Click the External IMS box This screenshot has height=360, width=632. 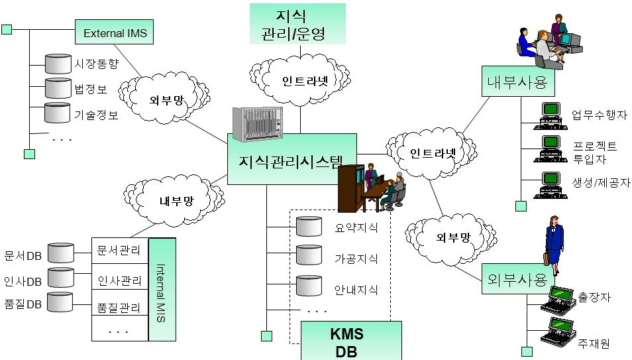pos(115,31)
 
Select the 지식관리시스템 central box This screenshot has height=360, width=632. pos(291,159)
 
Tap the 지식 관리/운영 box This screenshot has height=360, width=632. pos(297,23)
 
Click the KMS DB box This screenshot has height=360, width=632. pos(351,341)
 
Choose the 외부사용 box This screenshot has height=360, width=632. pos(517,278)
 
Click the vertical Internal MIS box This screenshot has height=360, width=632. pos(162,290)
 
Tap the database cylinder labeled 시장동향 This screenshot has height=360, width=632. pos(58,64)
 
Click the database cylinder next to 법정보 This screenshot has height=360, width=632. pos(58,88)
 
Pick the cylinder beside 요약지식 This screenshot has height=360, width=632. pos(308,227)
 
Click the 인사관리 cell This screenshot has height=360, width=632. pos(119,280)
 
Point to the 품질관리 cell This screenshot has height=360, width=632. pos(119,308)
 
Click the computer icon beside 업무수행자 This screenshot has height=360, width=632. pos(551,115)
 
